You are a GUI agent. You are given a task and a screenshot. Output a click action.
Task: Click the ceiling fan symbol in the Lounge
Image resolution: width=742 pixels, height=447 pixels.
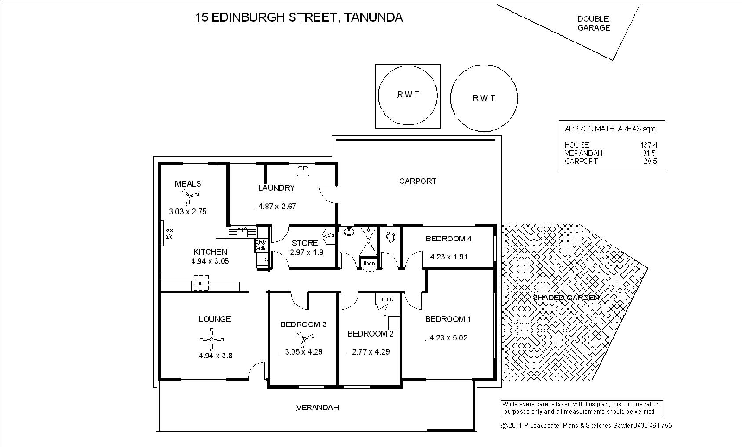[211, 340]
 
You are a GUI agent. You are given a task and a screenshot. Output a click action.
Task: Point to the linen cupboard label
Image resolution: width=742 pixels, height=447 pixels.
[369, 264]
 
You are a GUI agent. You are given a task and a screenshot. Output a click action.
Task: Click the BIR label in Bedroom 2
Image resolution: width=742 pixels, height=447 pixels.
[387, 299]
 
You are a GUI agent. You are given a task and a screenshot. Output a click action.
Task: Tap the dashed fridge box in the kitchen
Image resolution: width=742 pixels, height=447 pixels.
[201, 283]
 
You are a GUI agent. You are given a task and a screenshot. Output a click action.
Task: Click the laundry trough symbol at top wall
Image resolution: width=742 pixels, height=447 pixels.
[303, 170]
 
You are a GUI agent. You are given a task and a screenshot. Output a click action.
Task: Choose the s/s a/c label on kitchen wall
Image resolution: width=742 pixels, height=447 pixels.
[169, 233]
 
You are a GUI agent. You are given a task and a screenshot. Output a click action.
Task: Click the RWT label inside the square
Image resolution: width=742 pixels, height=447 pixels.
[408, 95]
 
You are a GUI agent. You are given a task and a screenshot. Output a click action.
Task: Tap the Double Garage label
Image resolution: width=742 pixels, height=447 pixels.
[593, 23]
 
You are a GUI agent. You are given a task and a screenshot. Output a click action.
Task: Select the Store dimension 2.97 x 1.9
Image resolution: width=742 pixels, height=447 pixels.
[307, 253]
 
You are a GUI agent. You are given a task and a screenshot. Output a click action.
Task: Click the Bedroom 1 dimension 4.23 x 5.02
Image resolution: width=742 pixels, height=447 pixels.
[448, 337]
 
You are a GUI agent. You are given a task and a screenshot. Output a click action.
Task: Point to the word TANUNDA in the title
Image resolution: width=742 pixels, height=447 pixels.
[374, 18]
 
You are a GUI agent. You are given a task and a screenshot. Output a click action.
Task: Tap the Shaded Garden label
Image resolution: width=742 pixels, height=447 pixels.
[566, 298]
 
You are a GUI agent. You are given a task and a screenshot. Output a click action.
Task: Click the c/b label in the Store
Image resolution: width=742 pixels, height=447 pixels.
[330, 235]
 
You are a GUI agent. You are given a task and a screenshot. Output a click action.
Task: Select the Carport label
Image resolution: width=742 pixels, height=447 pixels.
[417, 181]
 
